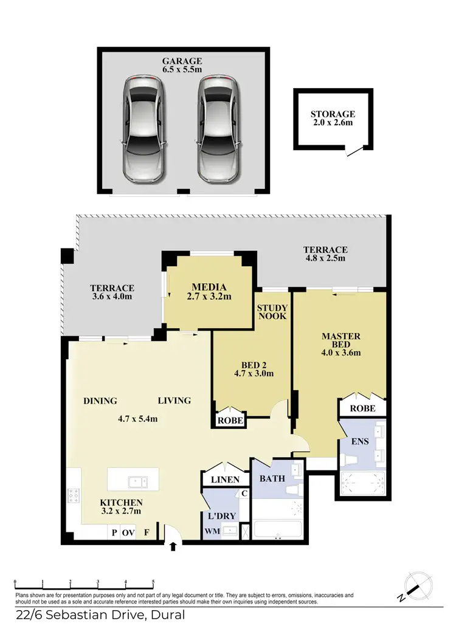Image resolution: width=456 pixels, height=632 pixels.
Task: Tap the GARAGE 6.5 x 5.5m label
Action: [182, 66]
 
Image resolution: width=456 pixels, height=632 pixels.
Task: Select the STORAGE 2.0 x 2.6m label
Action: [333, 118]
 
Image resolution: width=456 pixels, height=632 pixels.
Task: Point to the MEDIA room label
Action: [209, 292]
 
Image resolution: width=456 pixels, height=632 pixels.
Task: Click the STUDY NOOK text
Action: [272, 312]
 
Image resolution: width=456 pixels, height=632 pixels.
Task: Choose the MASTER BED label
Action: [340, 344]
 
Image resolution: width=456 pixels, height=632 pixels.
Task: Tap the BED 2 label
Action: [251, 369]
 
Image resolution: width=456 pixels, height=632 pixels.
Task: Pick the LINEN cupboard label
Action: [225, 479]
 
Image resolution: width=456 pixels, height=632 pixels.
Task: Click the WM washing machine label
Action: [212, 531]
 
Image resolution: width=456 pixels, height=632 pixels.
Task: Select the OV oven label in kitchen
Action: [128, 532]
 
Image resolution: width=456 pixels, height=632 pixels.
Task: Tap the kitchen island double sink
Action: [137, 481]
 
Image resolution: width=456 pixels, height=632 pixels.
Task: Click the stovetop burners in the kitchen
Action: [75, 496]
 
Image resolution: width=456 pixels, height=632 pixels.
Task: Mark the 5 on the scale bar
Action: [153, 582]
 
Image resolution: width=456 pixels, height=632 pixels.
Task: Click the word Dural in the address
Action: [167, 616]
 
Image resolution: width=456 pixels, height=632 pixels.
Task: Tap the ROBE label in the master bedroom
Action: [363, 408]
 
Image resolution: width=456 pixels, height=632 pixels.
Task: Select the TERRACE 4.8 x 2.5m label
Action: [325, 253]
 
